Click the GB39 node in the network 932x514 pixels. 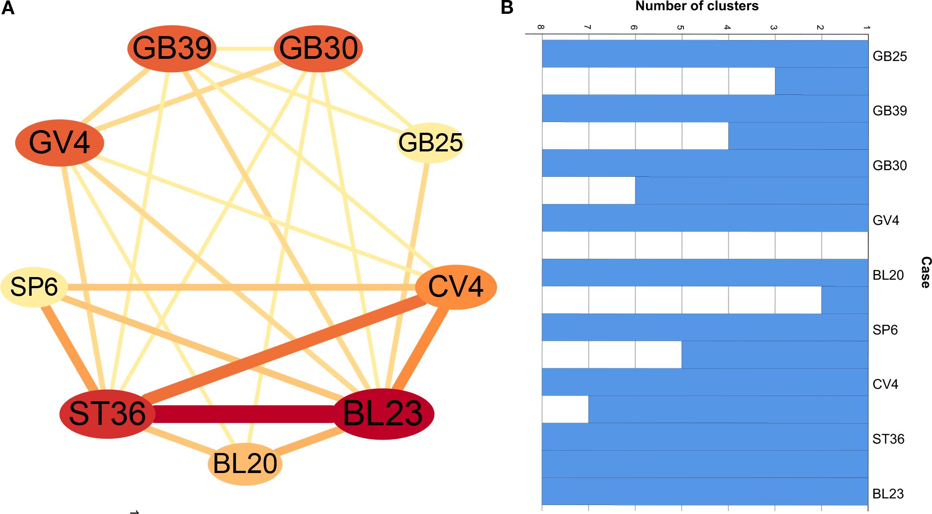coord(172,48)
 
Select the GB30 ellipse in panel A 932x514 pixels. coord(318,48)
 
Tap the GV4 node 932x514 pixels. coord(59,143)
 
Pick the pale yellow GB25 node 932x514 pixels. coord(430,143)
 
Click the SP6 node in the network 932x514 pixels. coord(34,286)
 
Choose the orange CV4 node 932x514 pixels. coord(455,286)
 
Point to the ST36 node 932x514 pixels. coord(107,414)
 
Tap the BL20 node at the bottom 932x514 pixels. coord(245,464)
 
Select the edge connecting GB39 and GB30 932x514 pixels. coord(245,48)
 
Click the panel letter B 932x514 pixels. coord(507,8)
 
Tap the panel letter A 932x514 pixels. coord(8,8)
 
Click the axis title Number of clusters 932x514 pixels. coord(697,6)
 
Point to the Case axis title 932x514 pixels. coord(925,272)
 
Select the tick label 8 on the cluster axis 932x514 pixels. coord(541,27)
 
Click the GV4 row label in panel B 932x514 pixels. coord(886,220)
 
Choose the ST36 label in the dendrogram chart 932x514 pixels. coord(888,439)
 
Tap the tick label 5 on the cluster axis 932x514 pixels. coord(680,27)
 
